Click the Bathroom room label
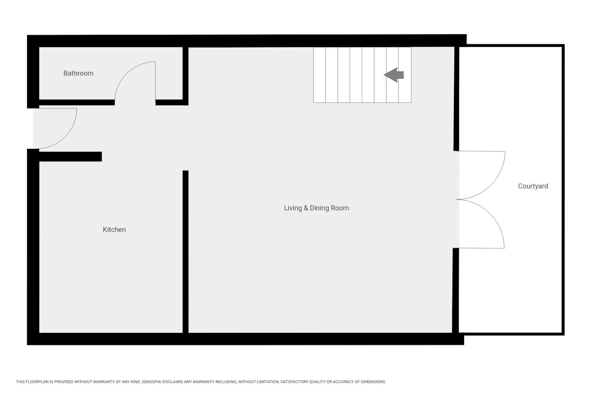[x=78, y=73]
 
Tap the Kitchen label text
[x=114, y=229]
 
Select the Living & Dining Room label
[x=316, y=208]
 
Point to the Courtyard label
[x=533, y=186]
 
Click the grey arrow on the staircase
[x=393, y=75]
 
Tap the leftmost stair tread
[x=320, y=75]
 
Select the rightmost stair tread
[x=405, y=75]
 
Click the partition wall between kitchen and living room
[x=186, y=252]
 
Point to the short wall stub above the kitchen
[x=70, y=157]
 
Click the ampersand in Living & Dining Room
[x=306, y=208]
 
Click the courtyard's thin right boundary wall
[x=563, y=190]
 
